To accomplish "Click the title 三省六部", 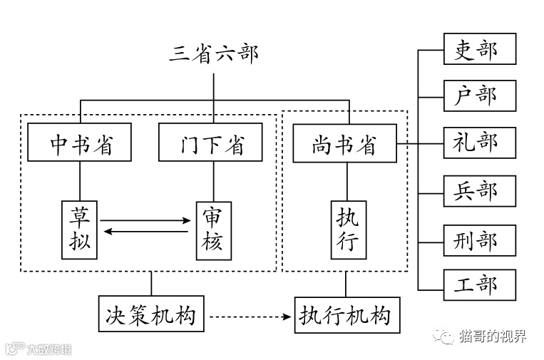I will click(x=213, y=53).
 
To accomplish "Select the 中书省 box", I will click(x=80, y=143).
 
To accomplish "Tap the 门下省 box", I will click(x=210, y=143).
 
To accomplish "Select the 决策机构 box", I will click(x=150, y=314).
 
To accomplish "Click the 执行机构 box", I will click(x=346, y=314).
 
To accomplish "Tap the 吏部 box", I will click(x=479, y=49).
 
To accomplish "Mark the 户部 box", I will click(x=479, y=96).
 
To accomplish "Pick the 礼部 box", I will click(x=479, y=143).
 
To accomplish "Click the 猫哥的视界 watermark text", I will click(x=493, y=336).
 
